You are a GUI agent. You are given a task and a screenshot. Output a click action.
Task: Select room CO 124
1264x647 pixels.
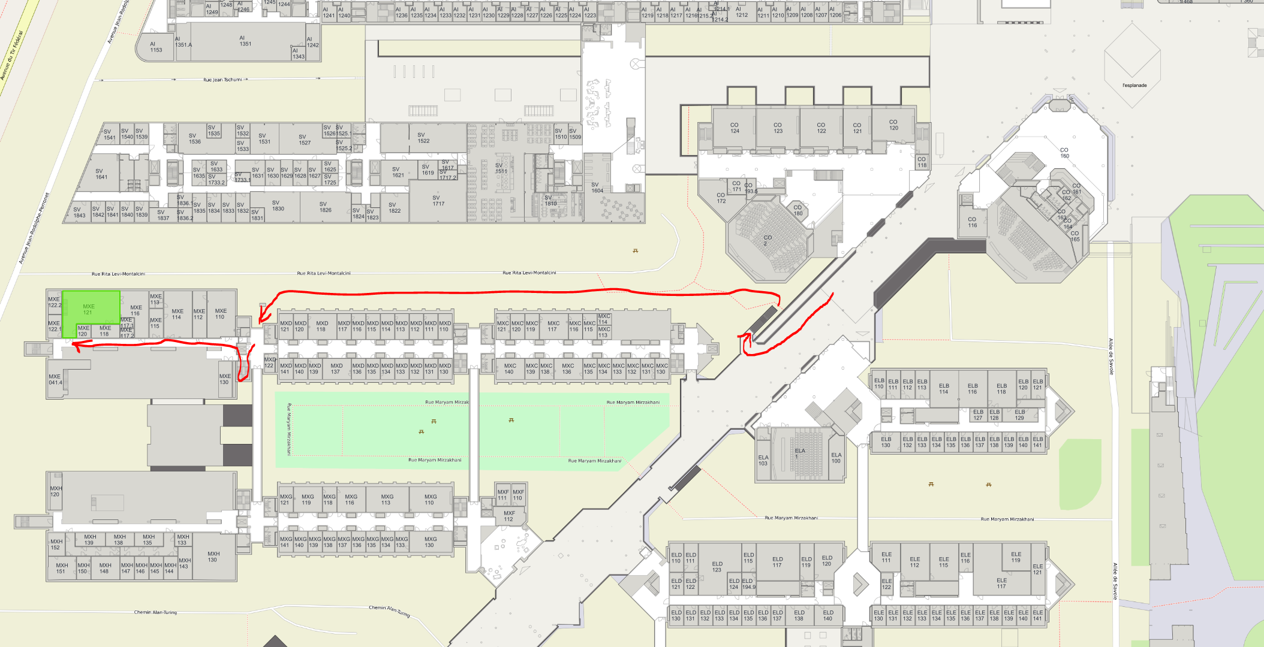point(735,128)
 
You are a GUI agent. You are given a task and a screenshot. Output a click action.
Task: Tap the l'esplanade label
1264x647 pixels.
point(1134,86)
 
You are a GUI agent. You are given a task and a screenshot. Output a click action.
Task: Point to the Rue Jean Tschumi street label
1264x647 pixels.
point(222,80)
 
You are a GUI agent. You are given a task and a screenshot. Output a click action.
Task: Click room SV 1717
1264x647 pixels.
point(438,201)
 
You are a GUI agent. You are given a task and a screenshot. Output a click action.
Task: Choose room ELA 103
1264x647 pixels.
point(763,460)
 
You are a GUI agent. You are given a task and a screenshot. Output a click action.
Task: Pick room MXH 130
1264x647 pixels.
point(213,557)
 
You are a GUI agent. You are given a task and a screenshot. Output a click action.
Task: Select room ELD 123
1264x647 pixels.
point(717,567)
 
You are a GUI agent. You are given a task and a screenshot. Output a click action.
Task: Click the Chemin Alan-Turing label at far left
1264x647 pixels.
point(155,612)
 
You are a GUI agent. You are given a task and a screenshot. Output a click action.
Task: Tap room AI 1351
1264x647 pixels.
point(245,41)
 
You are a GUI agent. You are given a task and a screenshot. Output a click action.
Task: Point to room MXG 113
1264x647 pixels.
point(387,500)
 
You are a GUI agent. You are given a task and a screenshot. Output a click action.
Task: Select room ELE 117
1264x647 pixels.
point(1001,583)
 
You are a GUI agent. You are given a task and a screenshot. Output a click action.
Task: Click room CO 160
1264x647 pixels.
point(1064,153)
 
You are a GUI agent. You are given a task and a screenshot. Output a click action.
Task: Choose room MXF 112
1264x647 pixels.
point(509,516)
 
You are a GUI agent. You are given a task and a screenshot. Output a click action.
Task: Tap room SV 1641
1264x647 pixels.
point(101,174)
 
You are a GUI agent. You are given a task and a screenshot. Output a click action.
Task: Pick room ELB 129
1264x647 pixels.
point(1019,415)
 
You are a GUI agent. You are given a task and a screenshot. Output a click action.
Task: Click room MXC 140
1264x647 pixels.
point(510,368)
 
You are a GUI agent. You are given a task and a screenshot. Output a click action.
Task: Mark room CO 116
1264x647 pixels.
point(972,222)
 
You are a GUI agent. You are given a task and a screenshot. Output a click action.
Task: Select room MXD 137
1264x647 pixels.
point(336,368)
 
